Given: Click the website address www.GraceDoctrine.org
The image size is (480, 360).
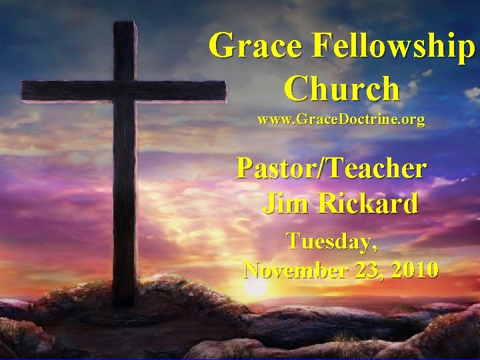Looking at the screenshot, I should [x=341, y=121].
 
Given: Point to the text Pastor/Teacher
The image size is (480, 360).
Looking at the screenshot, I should [x=331, y=168].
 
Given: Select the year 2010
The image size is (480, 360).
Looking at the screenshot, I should [x=415, y=270].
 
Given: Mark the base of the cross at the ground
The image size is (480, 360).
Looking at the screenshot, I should [x=125, y=300].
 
